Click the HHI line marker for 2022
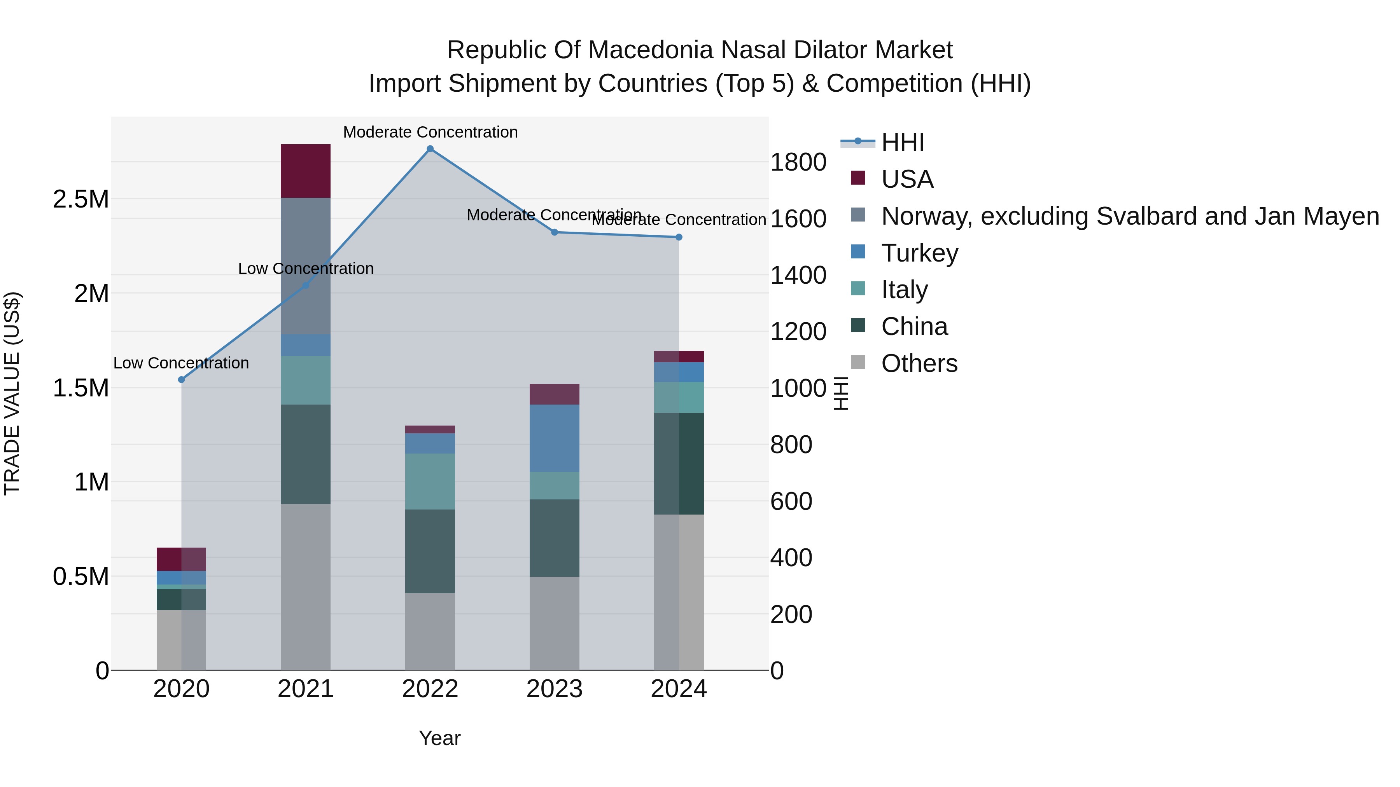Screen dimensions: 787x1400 [430, 149]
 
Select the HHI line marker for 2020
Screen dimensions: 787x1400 [182, 380]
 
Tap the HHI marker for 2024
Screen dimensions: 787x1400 [679, 237]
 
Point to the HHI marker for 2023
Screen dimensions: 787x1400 [554, 232]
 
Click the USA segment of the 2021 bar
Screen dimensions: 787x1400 [305, 171]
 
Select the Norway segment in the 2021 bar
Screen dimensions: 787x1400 [305, 266]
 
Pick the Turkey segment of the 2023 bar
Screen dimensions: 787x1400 [554, 438]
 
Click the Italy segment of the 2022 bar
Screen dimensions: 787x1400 [430, 481]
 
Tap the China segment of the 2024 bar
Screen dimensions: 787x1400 [679, 463]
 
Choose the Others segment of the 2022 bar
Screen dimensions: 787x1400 [430, 631]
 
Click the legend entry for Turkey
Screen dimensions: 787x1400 [920, 253]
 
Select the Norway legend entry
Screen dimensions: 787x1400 [1129, 216]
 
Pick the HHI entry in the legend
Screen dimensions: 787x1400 [903, 142]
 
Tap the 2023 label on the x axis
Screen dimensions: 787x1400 [554, 689]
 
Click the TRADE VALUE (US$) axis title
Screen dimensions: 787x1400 [12, 393]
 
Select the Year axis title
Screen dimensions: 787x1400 [440, 738]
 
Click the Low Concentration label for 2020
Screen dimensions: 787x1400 [181, 363]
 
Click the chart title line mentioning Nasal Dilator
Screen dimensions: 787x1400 [700, 50]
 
